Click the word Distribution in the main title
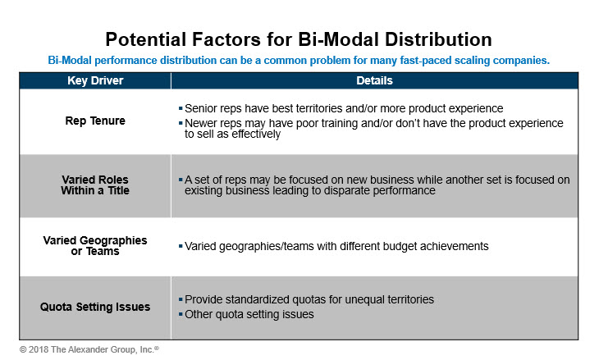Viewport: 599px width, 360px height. point(438,39)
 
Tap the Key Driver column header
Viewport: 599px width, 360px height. point(95,80)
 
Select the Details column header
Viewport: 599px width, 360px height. point(374,80)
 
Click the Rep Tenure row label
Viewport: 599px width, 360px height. point(95,121)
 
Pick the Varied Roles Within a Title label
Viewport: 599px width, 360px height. point(95,185)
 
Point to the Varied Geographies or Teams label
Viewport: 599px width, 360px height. point(95,246)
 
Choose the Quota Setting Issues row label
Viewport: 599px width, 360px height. point(95,307)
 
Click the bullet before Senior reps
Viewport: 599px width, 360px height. point(181,108)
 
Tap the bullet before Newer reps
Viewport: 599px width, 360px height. point(181,123)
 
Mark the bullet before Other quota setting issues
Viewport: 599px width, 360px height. point(181,314)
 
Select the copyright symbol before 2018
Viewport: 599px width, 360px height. point(23,349)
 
